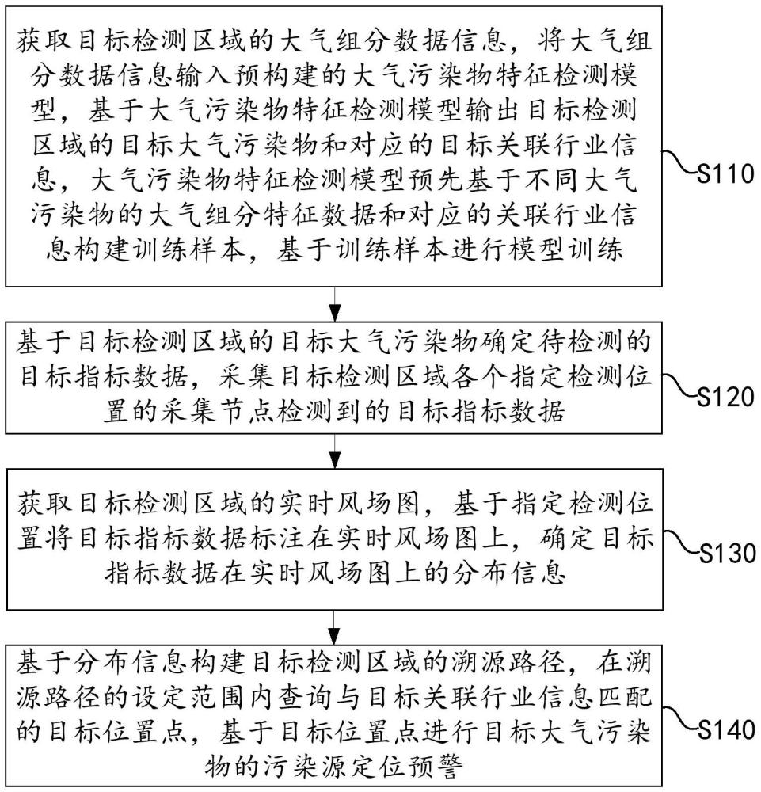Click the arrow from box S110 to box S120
336,302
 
